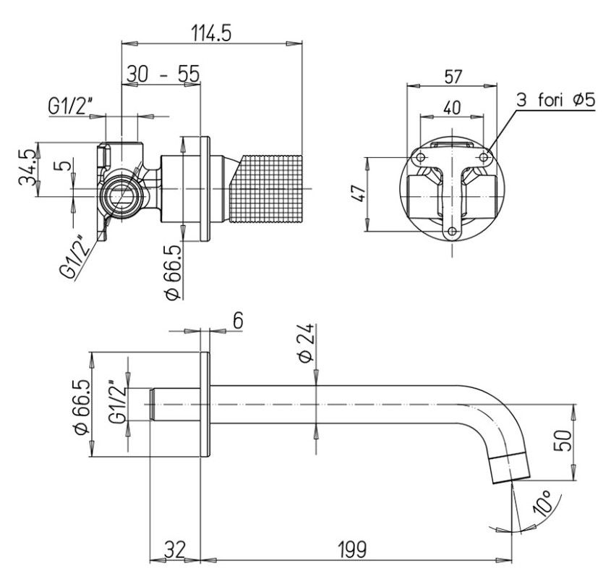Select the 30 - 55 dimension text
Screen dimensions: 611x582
tap(163, 74)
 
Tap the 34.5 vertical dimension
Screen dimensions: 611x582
tap(28, 169)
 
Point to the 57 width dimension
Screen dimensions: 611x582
tap(453, 77)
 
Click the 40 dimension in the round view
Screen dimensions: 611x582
tap(452, 108)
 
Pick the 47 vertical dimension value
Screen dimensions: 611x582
tap(360, 193)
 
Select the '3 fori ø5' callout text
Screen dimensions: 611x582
tap(556, 100)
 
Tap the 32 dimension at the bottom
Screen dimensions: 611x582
tap(174, 549)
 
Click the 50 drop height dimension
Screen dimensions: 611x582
tap(563, 440)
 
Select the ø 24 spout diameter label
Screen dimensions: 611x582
tap(305, 343)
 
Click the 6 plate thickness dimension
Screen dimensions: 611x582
tap(238, 321)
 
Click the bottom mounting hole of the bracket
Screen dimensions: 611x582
tap(453, 232)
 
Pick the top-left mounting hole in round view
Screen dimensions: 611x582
tap(420, 157)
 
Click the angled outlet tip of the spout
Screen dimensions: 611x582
tap(510, 469)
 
